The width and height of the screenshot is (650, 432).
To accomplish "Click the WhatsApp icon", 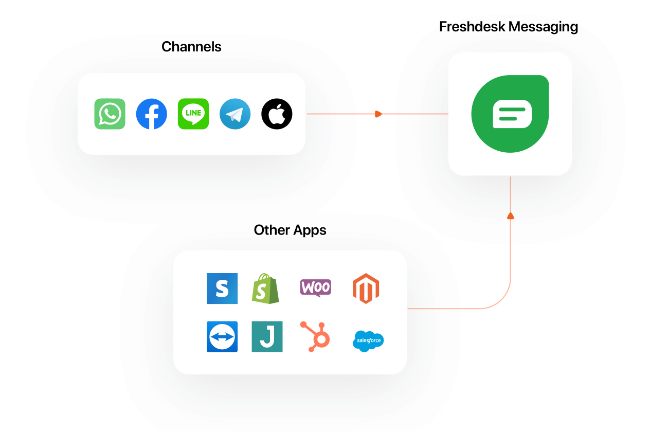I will [x=110, y=114].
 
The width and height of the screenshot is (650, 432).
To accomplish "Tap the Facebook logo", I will [x=151, y=114].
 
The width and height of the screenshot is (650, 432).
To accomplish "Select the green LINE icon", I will [x=193, y=114].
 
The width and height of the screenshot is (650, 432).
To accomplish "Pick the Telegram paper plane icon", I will [x=235, y=114].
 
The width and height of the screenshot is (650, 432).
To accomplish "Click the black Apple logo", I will [x=277, y=114].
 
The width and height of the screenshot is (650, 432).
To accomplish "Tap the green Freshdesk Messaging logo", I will [x=510, y=114].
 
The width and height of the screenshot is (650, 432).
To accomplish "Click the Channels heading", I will [x=191, y=47].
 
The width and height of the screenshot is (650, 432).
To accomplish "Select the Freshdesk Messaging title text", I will [x=509, y=27].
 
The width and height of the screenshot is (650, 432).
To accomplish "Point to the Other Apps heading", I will [x=290, y=230].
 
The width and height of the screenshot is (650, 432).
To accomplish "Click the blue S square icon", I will [x=222, y=289].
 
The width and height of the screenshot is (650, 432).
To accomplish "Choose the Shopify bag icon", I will [x=265, y=289].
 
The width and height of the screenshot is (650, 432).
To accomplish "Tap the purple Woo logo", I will [x=315, y=287].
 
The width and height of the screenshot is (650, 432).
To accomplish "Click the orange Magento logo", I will [x=366, y=289].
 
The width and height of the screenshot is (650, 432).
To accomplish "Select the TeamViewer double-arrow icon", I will [x=222, y=337].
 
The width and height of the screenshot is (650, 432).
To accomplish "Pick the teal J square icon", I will [x=267, y=337].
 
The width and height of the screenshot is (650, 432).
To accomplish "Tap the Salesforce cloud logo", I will [x=368, y=340].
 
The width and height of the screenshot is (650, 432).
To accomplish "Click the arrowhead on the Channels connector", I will [x=378, y=114].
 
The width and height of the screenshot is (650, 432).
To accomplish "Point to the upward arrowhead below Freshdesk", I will [x=510, y=215].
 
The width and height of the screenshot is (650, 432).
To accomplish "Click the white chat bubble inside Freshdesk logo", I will [x=512, y=114].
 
